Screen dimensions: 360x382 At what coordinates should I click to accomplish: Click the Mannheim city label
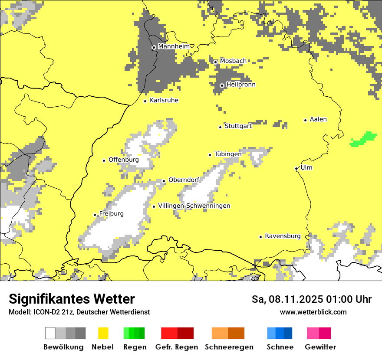174,46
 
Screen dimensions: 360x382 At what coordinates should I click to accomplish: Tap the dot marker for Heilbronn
222,85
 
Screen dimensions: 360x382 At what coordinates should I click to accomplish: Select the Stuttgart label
238,126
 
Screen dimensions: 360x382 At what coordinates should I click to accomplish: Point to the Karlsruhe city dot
145,101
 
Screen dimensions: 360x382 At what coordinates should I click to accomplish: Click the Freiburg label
111,214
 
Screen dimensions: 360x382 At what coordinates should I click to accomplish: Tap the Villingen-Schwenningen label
194,206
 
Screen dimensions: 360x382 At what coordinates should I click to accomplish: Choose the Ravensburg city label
283,236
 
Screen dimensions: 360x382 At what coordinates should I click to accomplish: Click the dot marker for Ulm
296,168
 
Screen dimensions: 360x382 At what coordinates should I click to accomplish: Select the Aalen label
318,119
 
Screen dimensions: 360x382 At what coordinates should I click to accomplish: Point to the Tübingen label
228,154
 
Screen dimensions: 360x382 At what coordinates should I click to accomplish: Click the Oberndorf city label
184,180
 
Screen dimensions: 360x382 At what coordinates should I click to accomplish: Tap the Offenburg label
124,160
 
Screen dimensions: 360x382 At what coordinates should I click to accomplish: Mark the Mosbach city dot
215,62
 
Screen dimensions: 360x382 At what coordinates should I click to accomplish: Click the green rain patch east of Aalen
364,139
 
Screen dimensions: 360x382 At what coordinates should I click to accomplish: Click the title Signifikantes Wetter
72,299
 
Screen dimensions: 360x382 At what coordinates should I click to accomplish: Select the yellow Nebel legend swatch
103,333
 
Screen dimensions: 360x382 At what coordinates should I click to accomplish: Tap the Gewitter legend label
320,347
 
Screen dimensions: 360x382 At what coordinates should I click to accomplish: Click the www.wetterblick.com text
313,312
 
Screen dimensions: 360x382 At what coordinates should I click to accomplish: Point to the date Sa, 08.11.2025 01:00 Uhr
311,299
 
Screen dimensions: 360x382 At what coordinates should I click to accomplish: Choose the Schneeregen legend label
229,347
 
